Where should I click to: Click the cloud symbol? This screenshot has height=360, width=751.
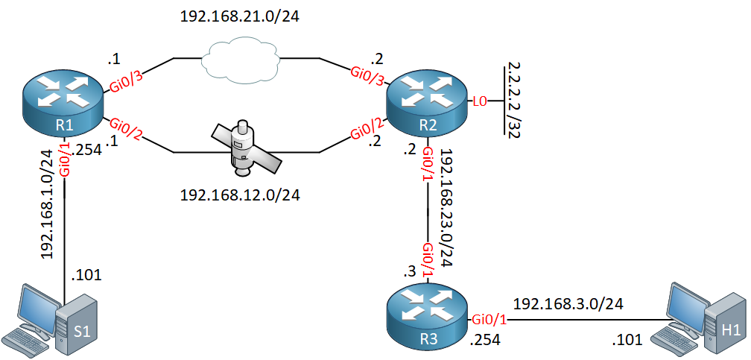241,60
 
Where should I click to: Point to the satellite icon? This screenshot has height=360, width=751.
245,148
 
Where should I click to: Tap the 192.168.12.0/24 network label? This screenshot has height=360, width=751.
239,195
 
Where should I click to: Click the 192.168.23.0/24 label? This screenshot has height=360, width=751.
447,206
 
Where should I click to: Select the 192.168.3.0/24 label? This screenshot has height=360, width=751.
568,304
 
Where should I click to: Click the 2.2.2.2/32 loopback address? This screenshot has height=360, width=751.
513,100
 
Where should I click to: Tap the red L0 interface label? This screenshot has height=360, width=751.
480,101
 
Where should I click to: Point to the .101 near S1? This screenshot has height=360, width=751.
86,275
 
